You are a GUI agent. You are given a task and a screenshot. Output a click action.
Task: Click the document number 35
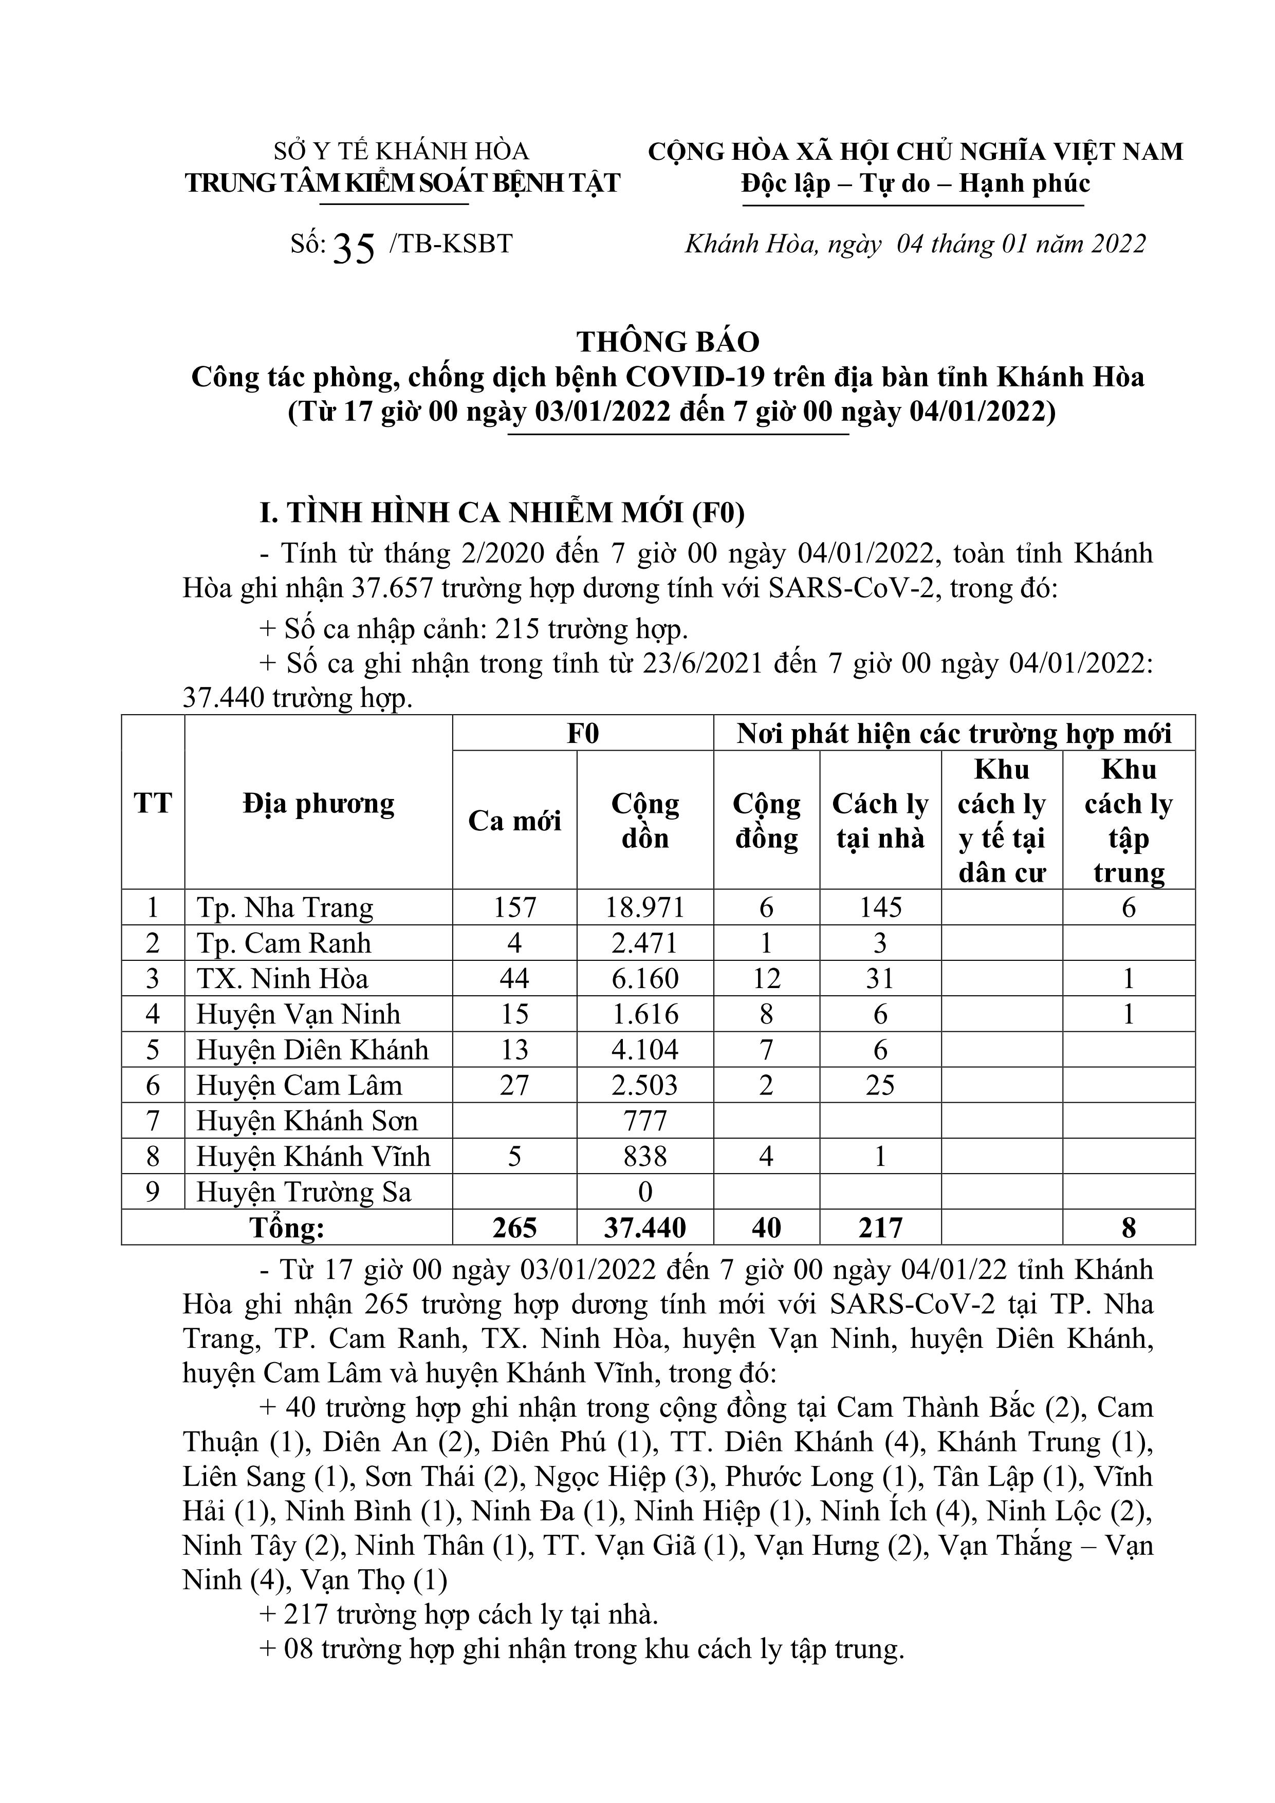tap(354, 248)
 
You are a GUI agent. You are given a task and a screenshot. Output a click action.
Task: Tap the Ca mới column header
tap(514, 821)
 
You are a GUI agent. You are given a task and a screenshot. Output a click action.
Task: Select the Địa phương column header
tap(318, 803)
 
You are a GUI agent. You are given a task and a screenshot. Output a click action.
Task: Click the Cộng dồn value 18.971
tap(645, 908)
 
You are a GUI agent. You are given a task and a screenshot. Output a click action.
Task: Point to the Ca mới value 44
tap(514, 978)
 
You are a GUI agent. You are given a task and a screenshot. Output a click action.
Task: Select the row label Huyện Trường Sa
tap(303, 1192)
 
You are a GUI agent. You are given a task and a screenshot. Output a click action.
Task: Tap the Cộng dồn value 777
tap(645, 1121)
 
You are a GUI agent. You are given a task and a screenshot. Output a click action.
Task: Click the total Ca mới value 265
tap(514, 1228)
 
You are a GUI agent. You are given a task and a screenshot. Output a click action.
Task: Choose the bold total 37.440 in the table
tap(645, 1228)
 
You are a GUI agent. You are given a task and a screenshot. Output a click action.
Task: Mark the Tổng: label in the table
tap(287, 1228)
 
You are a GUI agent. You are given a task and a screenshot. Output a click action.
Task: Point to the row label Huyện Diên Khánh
tap(312, 1050)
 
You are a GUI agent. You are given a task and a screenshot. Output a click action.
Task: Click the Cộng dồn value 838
tap(645, 1157)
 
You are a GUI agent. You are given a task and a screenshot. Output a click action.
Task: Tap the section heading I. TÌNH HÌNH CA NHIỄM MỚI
tap(502, 513)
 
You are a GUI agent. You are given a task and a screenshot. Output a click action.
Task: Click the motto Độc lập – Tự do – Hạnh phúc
tap(915, 184)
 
